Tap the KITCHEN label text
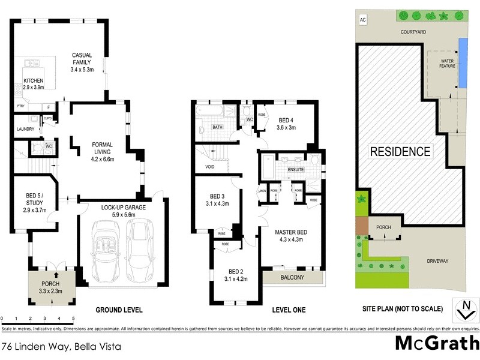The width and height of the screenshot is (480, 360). (x=33, y=81)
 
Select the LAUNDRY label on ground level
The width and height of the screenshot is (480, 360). (x=24, y=128)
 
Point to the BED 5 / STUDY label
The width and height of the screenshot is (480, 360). (x=34, y=199)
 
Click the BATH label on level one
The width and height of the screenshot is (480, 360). (x=217, y=127)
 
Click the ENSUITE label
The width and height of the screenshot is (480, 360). (x=296, y=170)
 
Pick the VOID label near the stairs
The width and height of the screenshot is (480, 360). (x=210, y=167)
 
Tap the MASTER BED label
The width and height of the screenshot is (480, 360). (x=291, y=232)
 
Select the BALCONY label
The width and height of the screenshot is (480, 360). (x=293, y=277)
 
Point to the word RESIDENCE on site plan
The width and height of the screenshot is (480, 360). (x=400, y=151)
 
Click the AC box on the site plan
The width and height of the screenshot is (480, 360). (x=362, y=20)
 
